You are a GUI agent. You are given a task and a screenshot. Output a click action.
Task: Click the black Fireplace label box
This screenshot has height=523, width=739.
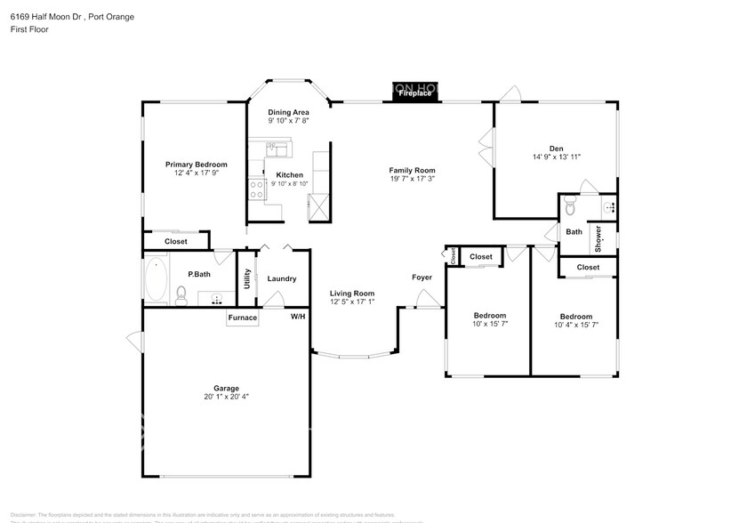(415, 92)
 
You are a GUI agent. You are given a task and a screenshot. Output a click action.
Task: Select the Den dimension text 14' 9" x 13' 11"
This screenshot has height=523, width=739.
(556, 157)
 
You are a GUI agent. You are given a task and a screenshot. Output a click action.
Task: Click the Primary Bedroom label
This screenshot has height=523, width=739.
(197, 164)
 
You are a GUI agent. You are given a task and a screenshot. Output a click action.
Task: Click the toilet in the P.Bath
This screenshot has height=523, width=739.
(181, 293)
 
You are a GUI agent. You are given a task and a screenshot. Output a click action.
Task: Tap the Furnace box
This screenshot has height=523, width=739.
(243, 318)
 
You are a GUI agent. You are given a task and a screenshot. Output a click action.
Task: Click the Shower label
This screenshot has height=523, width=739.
(598, 239)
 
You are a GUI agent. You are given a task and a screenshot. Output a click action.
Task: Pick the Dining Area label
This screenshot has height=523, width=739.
(288, 111)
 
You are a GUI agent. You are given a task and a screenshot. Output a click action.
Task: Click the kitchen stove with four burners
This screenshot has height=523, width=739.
(256, 188)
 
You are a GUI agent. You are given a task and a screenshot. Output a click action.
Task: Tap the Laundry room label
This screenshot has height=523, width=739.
(282, 278)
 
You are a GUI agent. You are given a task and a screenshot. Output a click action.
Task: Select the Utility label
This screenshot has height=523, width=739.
(247, 278)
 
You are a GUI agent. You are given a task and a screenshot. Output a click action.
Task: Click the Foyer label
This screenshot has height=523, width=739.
(422, 277)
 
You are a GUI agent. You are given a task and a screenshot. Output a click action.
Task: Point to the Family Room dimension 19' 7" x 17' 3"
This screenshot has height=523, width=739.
(412, 179)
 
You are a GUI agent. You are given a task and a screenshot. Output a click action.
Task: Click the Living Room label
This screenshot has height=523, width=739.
(352, 294)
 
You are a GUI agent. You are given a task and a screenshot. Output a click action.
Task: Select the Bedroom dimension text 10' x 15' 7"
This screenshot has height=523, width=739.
(489, 325)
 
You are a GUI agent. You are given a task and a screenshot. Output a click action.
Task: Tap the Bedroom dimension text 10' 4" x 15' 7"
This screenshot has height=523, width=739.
(575, 326)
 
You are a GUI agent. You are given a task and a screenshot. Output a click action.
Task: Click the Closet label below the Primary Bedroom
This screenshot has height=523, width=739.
(176, 241)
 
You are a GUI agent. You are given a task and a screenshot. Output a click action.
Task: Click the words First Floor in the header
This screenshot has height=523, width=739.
(28, 29)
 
